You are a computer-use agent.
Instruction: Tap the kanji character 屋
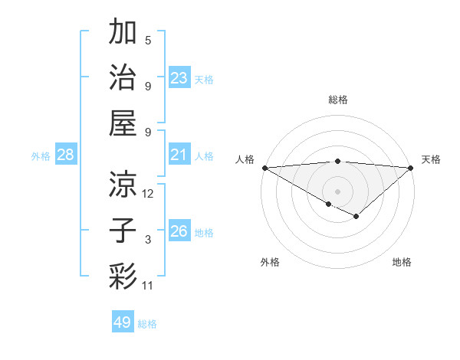click(123, 122)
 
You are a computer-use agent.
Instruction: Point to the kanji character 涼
click(123, 183)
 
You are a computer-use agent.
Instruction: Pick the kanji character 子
click(123, 229)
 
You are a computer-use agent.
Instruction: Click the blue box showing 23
click(179, 77)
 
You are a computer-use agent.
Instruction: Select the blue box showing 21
click(179, 155)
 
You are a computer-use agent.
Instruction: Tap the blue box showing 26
click(179, 231)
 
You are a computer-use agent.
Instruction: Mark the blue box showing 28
click(66, 155)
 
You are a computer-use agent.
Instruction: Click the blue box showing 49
click(123, 322)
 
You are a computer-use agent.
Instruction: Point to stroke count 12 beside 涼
click(148, 194)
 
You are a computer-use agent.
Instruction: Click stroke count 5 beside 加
click(148, 41)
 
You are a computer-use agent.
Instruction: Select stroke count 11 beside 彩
click(148, 286)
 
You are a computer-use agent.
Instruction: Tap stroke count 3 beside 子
click(148, 240)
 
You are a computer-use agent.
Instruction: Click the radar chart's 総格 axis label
click(338, 100)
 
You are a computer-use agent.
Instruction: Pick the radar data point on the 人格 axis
click(264, 168)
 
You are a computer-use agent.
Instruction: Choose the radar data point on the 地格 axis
click(356, 216)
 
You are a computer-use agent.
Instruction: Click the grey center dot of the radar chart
click(338, 190)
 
